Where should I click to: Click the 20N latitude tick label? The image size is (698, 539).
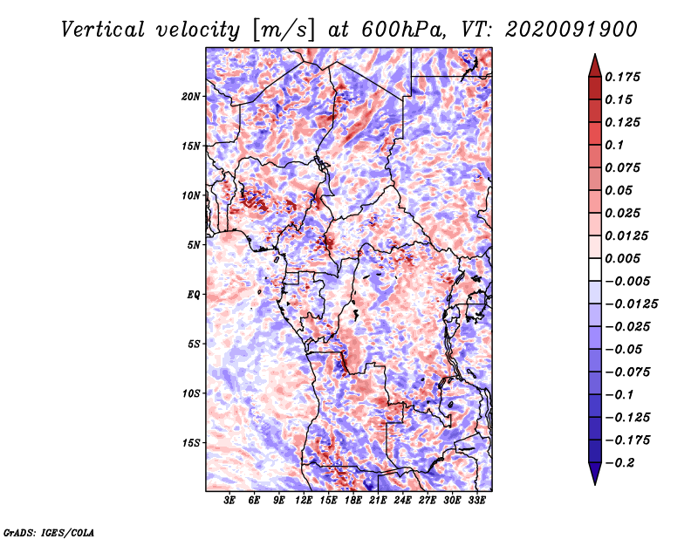(x=191, y=97)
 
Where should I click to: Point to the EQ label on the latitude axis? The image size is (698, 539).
(x=194, y=295)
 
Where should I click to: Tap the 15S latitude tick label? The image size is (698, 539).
(x=191, y=443)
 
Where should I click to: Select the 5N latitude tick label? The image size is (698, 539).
(x=194, y=245)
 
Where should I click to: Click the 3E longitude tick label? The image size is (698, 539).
(x=229, y=501)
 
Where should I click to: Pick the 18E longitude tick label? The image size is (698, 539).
(x=353, y=501)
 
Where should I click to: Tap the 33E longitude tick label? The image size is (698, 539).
(x=476, y=501)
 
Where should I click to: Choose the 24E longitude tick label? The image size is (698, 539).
(x=402, y=501)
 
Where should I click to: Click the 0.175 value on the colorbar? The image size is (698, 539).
(x=622, y=77)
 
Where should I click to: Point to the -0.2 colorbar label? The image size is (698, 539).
(x=619, y=463)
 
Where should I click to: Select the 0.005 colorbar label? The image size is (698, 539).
(x=622, y=258)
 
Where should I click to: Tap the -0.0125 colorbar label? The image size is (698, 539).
(x=631, y=304)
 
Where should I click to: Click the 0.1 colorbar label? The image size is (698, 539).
(x=614, y=145)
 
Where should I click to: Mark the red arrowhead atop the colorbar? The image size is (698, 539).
(x=595, y=66)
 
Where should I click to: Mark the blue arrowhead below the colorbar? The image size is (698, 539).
(x=595, y=474)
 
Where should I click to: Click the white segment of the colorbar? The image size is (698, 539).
(x=595, y=269)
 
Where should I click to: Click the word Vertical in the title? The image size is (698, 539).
(x=102, y=30)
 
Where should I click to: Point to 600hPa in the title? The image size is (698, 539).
(x=403, y=30)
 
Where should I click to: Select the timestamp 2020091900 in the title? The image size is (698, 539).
(x=571, y=30)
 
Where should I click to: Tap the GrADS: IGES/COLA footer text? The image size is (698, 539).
(x=49, y=532)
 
